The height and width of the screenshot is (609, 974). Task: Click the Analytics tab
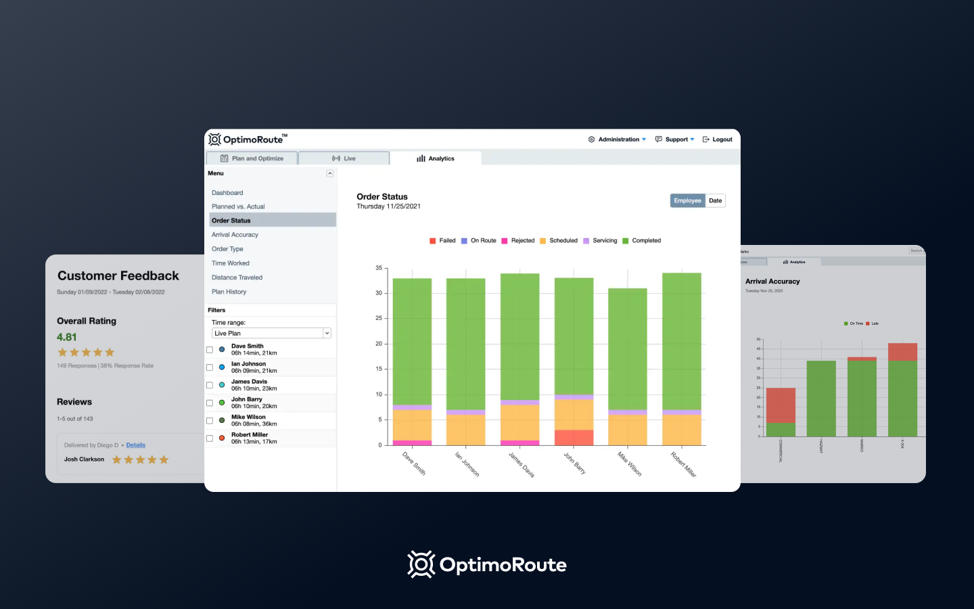coord(436,158)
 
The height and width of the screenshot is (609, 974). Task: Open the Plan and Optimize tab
coord(252,158)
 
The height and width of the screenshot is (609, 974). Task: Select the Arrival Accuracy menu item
coord(235,235)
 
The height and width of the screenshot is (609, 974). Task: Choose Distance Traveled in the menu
coord(237,277)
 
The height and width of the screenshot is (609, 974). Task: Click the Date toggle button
coord(715,201)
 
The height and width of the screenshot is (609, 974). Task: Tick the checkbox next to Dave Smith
coord(210,350)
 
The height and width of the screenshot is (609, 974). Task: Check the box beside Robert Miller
coord(210,438)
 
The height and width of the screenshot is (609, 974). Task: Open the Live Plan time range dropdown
coord(271,334)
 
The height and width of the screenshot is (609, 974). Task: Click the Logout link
coord(718,139)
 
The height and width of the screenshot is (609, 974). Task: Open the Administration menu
coord(618,139)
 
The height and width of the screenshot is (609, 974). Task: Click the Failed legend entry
coord(443,241)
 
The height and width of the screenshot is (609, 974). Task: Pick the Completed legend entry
coord(642,241)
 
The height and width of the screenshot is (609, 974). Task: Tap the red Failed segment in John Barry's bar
coord(574,437)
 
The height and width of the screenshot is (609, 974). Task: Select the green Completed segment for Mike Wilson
coord(628,348)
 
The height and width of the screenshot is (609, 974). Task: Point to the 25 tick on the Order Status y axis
coord(379,318)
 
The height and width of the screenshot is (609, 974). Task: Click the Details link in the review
coord(135,445)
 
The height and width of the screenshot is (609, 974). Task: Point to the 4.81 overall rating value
coord(67,337)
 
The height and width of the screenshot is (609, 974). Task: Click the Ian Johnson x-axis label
coord(467,464)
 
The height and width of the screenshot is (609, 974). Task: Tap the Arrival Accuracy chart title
coord(772,281)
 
